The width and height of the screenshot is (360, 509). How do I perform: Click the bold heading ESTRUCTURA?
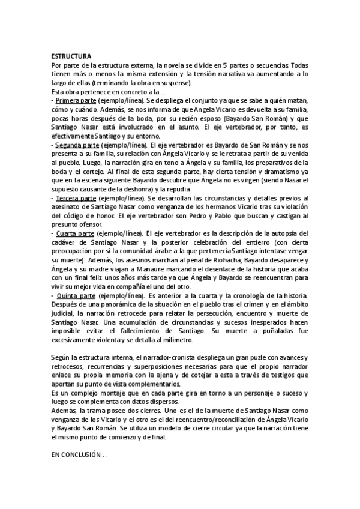(71, 55)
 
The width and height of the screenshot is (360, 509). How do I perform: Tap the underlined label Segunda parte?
(77, 145)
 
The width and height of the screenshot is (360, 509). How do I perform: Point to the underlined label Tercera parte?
(75, 197)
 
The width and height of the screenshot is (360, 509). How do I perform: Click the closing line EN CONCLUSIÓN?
(79, 456)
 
